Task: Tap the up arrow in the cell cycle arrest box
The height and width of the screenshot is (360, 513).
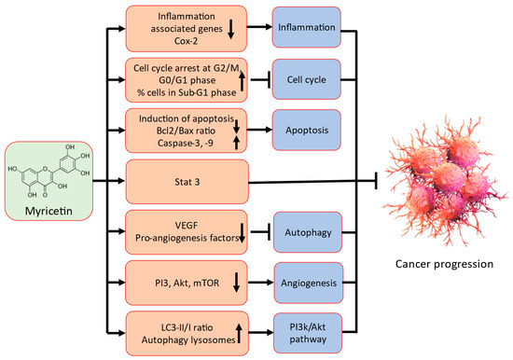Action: click(x=243, y=80)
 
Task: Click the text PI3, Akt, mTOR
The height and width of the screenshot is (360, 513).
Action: click(x=175, y=277)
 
